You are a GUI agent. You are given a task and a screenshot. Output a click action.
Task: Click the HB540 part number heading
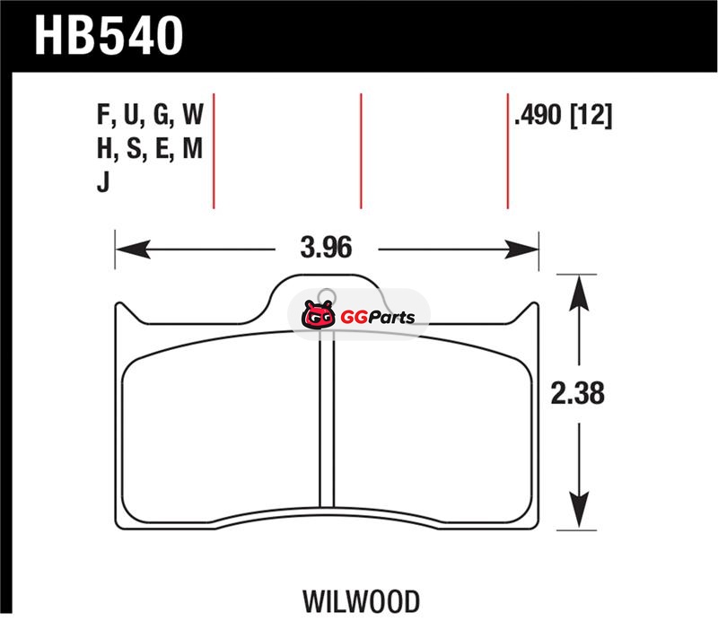(x=109, y=35)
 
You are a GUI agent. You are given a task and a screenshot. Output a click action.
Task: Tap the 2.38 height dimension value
(x=577, y=393)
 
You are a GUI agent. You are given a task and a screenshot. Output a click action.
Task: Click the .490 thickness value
(x=538, y=115)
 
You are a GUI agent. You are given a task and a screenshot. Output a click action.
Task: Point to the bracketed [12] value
(x=591, y=116)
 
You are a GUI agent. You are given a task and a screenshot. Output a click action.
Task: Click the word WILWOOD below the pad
(x=361, y=601)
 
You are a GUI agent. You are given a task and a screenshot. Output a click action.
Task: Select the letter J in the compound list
(x=103, y=182)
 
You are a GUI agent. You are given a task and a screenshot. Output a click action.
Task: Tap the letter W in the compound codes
(x=193, y=115)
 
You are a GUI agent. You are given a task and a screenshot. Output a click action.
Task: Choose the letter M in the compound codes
(x=192, y=148)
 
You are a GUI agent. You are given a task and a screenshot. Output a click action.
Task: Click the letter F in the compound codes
(x=103, y=115)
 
